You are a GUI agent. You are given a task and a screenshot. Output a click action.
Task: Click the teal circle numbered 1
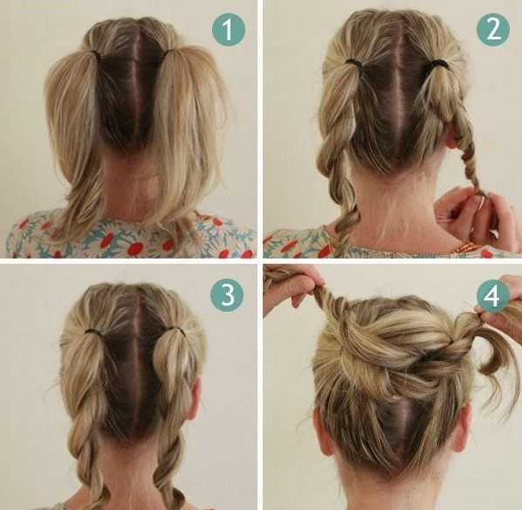point(229,30)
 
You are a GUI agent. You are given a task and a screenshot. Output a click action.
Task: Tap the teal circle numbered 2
point(493,30)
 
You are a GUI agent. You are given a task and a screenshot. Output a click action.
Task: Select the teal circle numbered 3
point(227,295)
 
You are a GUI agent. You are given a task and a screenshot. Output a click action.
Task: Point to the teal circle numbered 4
point(492,295)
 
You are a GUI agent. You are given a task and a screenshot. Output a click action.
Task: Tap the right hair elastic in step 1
point(168,53)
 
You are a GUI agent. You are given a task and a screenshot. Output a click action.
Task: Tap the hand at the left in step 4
point(293,287)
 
